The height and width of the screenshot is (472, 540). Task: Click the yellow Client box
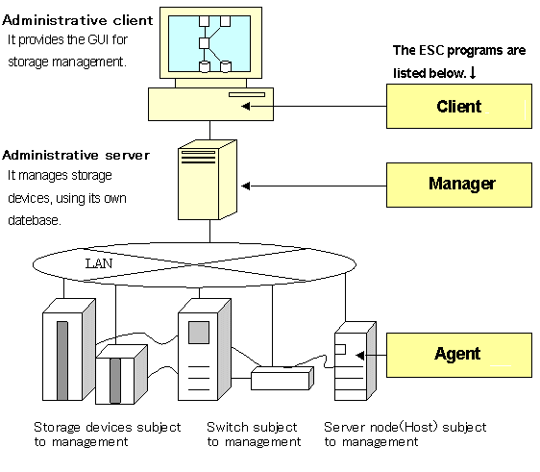pyautogui.click(x=459, y=106)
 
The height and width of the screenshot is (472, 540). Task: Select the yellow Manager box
pyautogui.click(x=459, y=185)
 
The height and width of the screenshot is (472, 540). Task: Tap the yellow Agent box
pyautogui.click(x=459, y=356)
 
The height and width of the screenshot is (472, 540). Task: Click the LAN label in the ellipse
pyautogui.click(x=99, y=263)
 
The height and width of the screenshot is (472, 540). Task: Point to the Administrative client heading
pyautogui.click(x=78, y=20)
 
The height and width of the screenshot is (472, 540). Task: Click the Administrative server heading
pyautogui.click(x=76, y=156)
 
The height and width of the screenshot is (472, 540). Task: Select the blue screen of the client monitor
pyautogui.click(x=209, y=43)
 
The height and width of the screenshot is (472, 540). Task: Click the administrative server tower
pyautogui.click(x=208, y=180)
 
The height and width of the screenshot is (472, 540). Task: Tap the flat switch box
pyautogui.click(x=282, y=379)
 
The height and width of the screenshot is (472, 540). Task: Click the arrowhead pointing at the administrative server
pyautogui.click(x=246, y=186)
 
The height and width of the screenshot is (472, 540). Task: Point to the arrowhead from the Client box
pyautogui.click(x=246, y=106)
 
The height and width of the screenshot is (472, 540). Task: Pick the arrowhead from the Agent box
pyautogui.click(x=360, y=356)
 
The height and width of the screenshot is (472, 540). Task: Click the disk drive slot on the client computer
pyautogui.click(x=247, y=94)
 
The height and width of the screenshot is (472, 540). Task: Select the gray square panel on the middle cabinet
pyautogui.click(x=199, y=333)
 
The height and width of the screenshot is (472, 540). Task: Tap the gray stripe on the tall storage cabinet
pyautogui.click(x=62, y=360)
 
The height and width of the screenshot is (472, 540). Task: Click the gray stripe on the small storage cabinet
pyautogui.click(x=115, y=381)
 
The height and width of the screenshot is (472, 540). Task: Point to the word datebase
pyautogui.click(x=35, y=220)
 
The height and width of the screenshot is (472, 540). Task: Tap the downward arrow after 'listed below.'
pyautogui.click(x=473, y=73)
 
